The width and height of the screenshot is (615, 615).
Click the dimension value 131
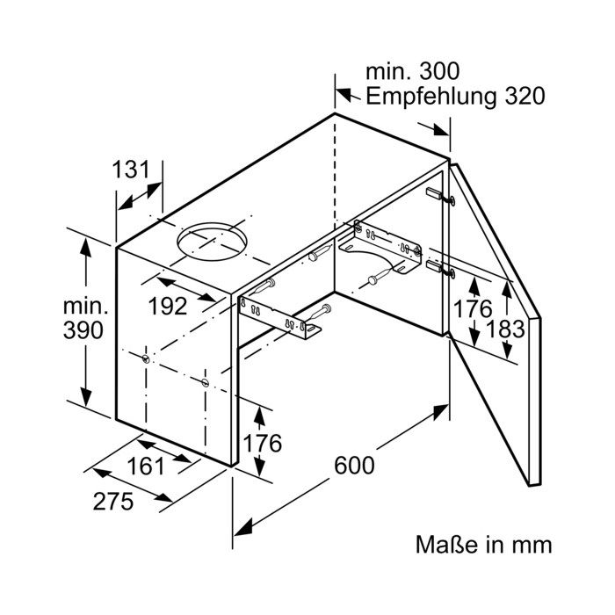[x=131, y=170]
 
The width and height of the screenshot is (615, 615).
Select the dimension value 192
[x=168, y=306]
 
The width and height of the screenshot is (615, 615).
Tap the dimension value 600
[x=354, y=465]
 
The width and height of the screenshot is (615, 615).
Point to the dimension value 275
[x=113, y=502]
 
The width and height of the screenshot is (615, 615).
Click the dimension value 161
[x=146, y=467]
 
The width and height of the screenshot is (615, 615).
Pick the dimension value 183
[x=505, y=329]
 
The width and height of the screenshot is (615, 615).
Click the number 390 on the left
[x=83, y=329]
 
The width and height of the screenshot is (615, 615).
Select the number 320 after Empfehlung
[x=525, y=96]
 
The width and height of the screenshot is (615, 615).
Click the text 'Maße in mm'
[x=483, y=545]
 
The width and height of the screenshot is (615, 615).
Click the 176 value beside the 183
[x=473, y=308]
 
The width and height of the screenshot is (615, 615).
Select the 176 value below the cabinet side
[x=263, y=443]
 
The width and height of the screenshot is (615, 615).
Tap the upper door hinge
[x=440, y=195]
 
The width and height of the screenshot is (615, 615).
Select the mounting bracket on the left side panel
[x=279, y=318]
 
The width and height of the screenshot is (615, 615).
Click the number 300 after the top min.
[x=439, y=72]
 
